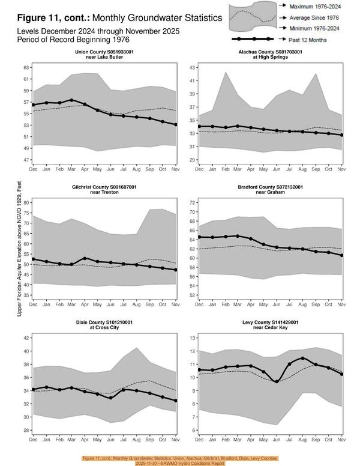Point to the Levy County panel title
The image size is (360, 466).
coord(270,325)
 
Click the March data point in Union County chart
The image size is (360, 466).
coord(71,100)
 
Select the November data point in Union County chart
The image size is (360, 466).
coord(175,125)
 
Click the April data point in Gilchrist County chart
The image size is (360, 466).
coord(85,258)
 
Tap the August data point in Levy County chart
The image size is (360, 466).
coord(302,358)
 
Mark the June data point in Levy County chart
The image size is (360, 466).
coord(276,381)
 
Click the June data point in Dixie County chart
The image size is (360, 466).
coord(110,398)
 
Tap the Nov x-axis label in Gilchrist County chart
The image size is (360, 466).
coord(175,306)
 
